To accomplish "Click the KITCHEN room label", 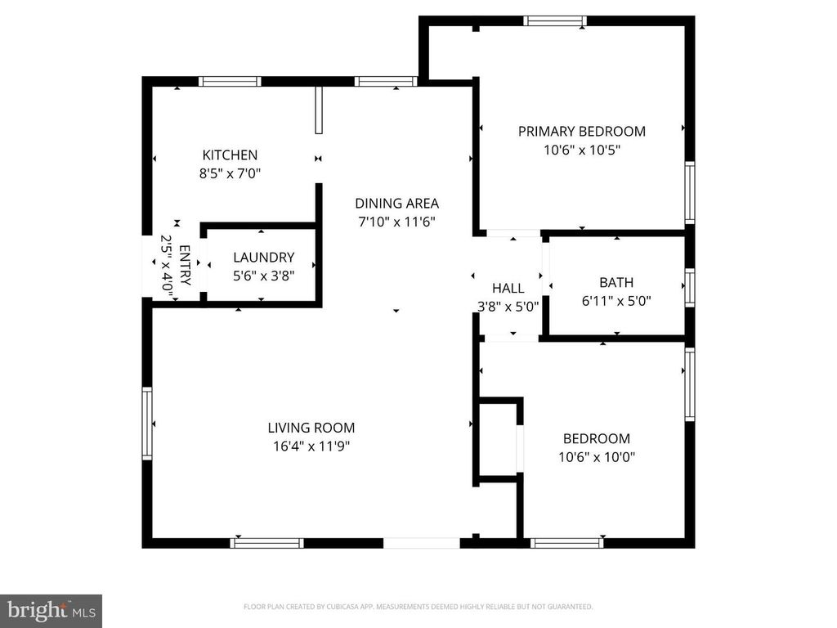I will [230, 155].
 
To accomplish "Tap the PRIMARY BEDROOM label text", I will [581, 131].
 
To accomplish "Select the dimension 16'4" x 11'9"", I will [311, 446].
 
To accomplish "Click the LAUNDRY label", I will [263, 257].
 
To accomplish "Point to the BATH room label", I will [616, 282].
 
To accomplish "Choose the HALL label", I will [508, 288].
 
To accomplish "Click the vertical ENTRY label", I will [184, 266].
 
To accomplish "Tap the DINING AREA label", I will [396, 204].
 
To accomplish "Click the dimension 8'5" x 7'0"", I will [230, 173].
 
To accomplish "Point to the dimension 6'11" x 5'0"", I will [616, 301].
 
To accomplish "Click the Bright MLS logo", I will [50, 610].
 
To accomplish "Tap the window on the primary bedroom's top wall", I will [555, 21].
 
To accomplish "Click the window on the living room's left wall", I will [147, 424].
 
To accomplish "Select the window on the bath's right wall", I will [690, 288].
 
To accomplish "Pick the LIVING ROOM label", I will [311, 427].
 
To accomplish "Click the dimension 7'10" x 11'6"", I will [396, 222].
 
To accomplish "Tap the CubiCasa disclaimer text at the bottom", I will [418, 607].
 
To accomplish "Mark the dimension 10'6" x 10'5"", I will [581, 150].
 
